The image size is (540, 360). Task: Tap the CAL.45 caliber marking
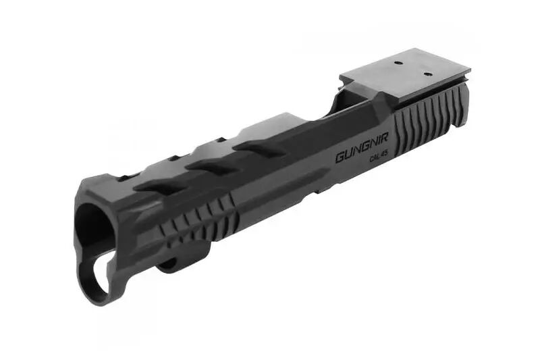pos(379,157)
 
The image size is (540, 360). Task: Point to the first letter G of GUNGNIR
pos(340,158)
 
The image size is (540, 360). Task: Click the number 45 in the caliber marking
pos(384,156)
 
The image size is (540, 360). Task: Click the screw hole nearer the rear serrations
pos(427,74)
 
